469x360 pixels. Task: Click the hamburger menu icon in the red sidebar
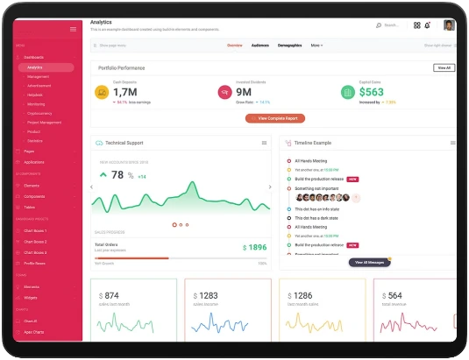click(73, 30)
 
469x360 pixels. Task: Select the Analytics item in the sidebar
click(35, 67)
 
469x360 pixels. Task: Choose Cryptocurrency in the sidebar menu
click(39, 113)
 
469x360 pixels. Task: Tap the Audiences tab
click(260, 45)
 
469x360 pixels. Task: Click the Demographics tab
click(290, 45)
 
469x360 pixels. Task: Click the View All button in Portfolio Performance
click(444, 67)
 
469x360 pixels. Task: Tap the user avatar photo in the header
click(450, 25)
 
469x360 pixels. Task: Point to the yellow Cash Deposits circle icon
click(102, 91)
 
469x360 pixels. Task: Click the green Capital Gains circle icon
click(348, 91)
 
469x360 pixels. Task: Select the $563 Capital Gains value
click(372, 91)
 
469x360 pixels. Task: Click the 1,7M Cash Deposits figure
click(125, 91)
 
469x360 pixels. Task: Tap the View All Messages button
click(368, 262)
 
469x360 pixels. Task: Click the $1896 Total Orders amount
click(254, 248)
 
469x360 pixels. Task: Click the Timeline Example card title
click(314, 142)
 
